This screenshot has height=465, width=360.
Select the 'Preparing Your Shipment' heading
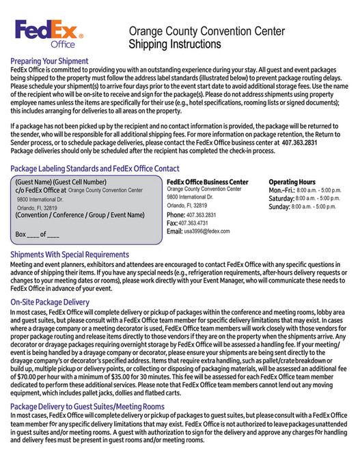click(49, 61)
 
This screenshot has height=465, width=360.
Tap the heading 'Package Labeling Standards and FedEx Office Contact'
click(95, 168)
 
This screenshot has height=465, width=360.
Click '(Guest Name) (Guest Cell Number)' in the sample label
click(61, 182)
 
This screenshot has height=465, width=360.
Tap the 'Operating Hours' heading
click(292, 182)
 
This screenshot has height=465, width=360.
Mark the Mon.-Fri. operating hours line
click(304, 190)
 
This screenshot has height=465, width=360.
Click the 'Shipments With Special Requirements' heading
click(69, 254)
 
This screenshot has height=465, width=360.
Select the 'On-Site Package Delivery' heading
click(50, 301)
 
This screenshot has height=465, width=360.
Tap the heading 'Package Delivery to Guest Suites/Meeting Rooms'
click(87, 407)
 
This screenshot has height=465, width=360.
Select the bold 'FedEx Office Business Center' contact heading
click(208, 182)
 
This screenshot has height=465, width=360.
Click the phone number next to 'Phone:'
click(201, 214)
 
